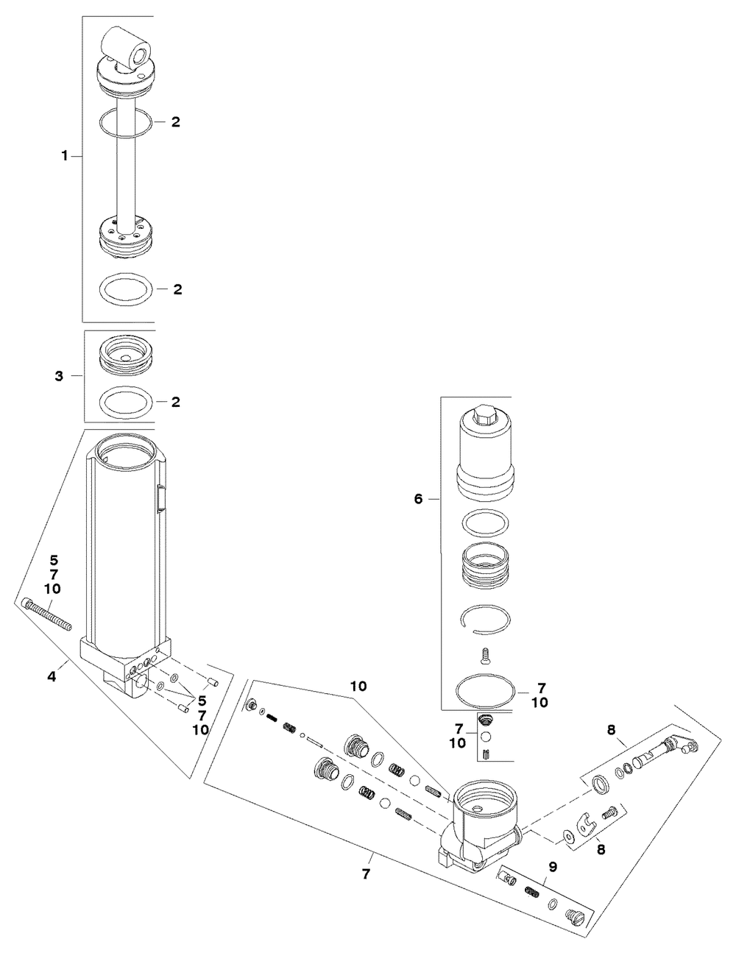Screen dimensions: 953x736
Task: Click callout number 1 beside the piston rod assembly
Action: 65,156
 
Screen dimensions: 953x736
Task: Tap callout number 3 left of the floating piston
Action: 60,377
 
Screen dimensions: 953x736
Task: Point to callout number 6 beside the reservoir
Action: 419,499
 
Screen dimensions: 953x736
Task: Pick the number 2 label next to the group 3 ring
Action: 176,402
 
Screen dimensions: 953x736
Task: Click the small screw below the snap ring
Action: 484,653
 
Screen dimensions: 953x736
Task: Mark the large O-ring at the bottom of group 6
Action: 486,692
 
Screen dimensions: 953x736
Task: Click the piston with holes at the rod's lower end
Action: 126,237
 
